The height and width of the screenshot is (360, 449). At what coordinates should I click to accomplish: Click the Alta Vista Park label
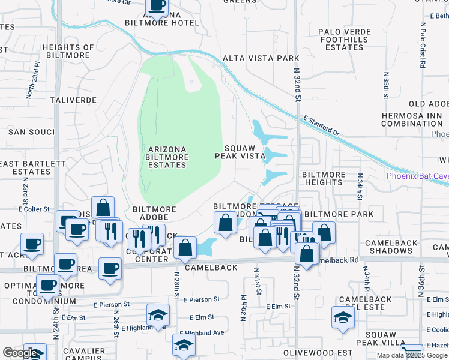261,58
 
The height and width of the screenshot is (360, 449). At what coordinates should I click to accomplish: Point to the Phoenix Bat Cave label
417,176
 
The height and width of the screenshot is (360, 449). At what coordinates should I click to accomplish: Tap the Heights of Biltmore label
68,52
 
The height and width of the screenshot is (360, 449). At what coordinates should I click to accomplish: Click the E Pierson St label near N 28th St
202,299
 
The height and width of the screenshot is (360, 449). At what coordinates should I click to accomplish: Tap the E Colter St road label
34,209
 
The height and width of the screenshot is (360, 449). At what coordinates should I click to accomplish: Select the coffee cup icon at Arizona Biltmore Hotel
157,6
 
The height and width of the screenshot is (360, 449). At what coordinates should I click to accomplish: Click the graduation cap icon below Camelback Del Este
343,317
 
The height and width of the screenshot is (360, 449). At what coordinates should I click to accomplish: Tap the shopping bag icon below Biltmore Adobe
185,248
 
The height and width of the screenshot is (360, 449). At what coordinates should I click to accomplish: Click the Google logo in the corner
20,353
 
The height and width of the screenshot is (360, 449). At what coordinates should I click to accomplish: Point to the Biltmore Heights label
324,178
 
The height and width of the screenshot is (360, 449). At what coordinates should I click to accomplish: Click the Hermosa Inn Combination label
412,119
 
